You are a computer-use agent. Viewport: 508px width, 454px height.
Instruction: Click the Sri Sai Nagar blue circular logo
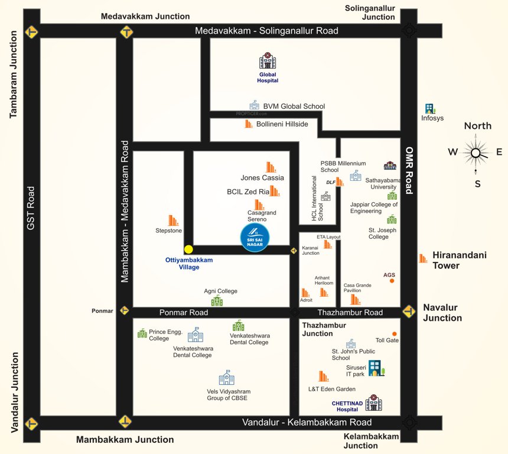coord(255,238)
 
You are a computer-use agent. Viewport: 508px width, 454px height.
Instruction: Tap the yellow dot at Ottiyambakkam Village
coord(188,249)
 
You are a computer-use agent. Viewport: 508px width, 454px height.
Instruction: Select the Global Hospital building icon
coord(268,61)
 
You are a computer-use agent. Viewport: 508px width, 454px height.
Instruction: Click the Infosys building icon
coord(430,109)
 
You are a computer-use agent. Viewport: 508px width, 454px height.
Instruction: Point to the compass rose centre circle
coord(476,153)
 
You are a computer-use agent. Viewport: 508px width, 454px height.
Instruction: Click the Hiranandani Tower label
coord(454,260)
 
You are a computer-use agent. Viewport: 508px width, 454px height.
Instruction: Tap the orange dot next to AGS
coord(392,281)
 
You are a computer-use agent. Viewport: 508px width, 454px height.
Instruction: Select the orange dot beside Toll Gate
coord(395,334)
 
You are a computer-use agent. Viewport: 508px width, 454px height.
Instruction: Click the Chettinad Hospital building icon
coord(373,403)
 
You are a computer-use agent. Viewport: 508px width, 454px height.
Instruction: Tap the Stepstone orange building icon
coord(174,220)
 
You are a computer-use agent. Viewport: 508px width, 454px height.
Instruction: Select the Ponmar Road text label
coord(183,312)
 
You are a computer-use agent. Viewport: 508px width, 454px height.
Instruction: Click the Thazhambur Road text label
coord(350,312)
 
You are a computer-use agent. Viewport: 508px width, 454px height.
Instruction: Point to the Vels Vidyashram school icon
coord(226,377)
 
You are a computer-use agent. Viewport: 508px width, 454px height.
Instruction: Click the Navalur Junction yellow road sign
coord(409,312)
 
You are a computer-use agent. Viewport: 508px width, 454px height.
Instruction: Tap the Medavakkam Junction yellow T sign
coord(125,32)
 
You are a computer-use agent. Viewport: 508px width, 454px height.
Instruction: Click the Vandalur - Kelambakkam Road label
coord(307,422)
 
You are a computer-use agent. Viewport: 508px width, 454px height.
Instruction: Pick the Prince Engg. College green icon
coord(142,333)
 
